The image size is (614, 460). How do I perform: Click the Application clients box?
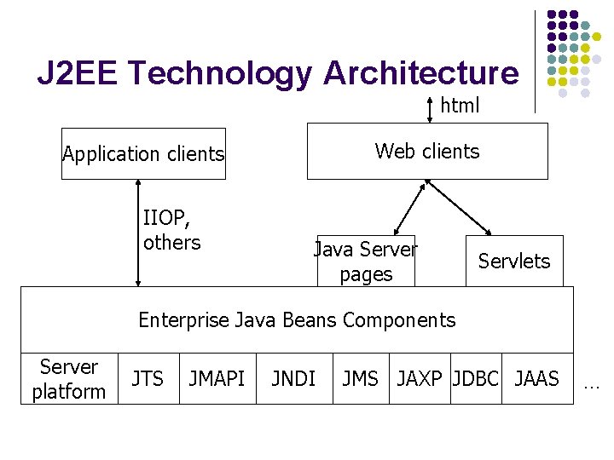[143, 154]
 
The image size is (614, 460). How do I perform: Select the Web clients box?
[427, 152]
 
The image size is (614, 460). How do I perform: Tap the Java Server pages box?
[366, 261]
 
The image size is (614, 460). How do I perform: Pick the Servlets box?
[514, 261]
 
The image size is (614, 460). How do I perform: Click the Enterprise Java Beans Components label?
[297, 320]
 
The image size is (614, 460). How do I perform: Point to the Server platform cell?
[68, 379]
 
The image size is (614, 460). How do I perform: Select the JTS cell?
[148, 378]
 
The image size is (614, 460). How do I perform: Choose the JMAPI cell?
[217, 378]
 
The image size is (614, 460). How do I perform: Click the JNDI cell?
[293, 378]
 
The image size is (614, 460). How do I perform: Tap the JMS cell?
[360, 378]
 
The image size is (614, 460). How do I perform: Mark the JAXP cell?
[421, 378]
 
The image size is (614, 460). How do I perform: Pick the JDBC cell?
[476, 378]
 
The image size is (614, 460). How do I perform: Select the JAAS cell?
[537, 378]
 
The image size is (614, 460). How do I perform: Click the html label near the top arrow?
[460, 106]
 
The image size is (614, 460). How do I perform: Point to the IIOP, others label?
[171, 232]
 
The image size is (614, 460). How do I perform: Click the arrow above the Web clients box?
[430, 110]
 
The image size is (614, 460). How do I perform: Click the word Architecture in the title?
[420, 74]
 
